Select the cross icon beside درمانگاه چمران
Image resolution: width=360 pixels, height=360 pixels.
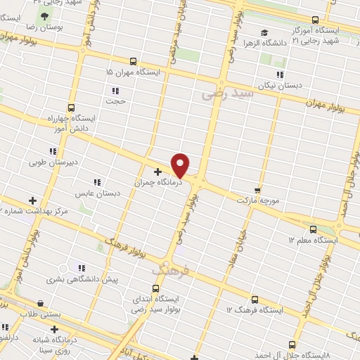pos(157,171)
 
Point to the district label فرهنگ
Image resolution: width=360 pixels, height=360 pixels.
pos(171,269)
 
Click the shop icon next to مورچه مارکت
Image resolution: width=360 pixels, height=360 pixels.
pos(257,190)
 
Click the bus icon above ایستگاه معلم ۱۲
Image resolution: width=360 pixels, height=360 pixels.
pos(313,229)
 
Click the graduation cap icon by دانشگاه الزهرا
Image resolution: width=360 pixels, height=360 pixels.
pos(264,32)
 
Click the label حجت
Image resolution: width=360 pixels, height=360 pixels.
pos(115,101)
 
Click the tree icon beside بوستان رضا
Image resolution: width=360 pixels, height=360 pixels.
pos(45,15)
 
